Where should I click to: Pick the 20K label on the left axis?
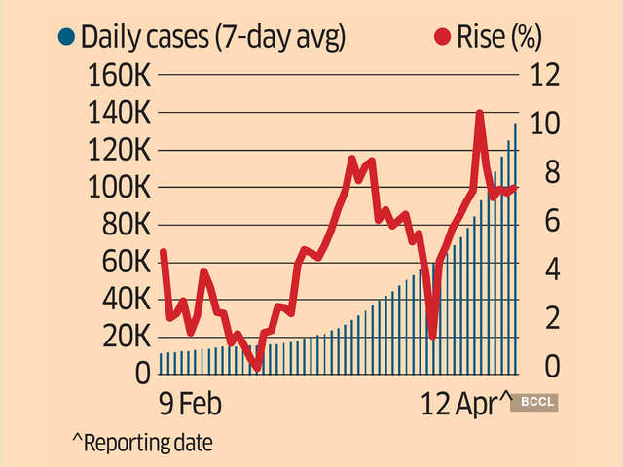point(122,337)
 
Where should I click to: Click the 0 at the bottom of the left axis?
point(142,373)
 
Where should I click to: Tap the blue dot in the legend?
point(66,38)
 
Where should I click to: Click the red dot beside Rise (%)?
point(443,38)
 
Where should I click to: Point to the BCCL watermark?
point(537,400)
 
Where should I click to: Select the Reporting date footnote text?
point(142,442)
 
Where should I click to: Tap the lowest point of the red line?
point(257,368)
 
